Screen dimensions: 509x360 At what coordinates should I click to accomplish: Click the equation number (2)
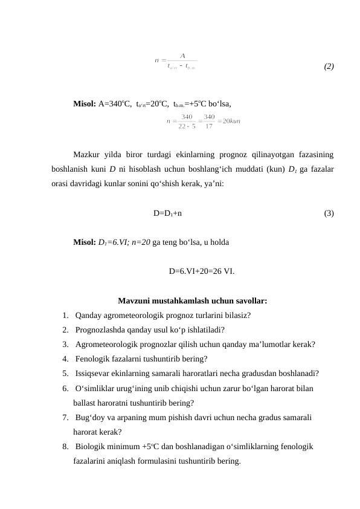(x=329, y=66)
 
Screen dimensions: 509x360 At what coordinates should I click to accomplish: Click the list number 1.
(x=65, y=315)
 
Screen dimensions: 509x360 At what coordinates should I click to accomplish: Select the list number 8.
(x=65, y=447)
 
